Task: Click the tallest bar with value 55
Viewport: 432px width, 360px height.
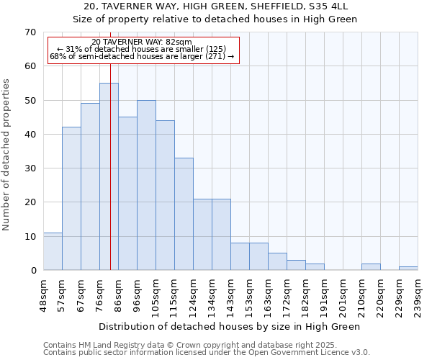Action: pyautogui.click(x=109, y=176)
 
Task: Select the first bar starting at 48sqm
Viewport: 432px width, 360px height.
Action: pyautogui.click(x=53, y=251)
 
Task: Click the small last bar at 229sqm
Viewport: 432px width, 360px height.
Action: pyautogui.click(x=408, y=269)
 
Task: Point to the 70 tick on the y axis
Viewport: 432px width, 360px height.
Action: pyautogui.click(x=30, y=32)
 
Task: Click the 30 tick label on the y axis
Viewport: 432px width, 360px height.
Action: pyautogui.click(x=30, y=168)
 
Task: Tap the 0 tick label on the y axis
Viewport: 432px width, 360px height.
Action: pyautogui.click(x=32, y=271)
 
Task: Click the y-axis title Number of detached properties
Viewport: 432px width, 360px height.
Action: pyautogui.click(x=6, y=155)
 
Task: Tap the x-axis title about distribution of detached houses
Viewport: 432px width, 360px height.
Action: pyautogui.click(x=229, y=326)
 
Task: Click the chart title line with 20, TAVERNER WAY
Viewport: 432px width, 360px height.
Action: pyautogui.click(x=215, y=6)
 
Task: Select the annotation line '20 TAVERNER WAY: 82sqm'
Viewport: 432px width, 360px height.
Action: pyautogui.click(x=142, y=42)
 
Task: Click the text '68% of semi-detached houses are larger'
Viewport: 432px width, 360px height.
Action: pyautogui.click(x=142, y=56)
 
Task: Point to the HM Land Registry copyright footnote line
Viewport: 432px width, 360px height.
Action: pyautogui.click(x=189, y=345)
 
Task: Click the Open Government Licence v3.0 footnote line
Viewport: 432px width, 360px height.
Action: pyautogui.click(x=206, y=353)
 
